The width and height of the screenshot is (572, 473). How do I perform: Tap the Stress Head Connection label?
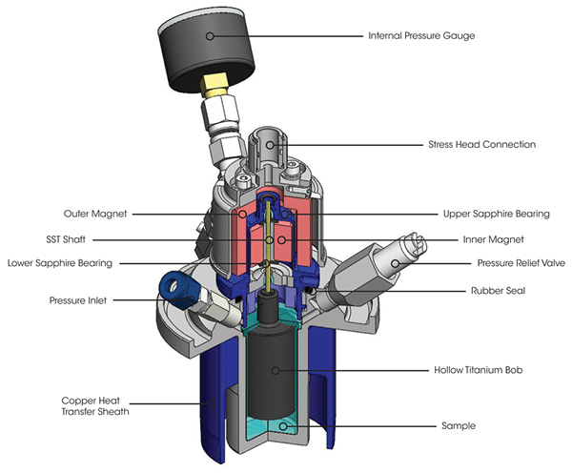point(481,145)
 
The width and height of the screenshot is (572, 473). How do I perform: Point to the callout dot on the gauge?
point(212,35)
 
